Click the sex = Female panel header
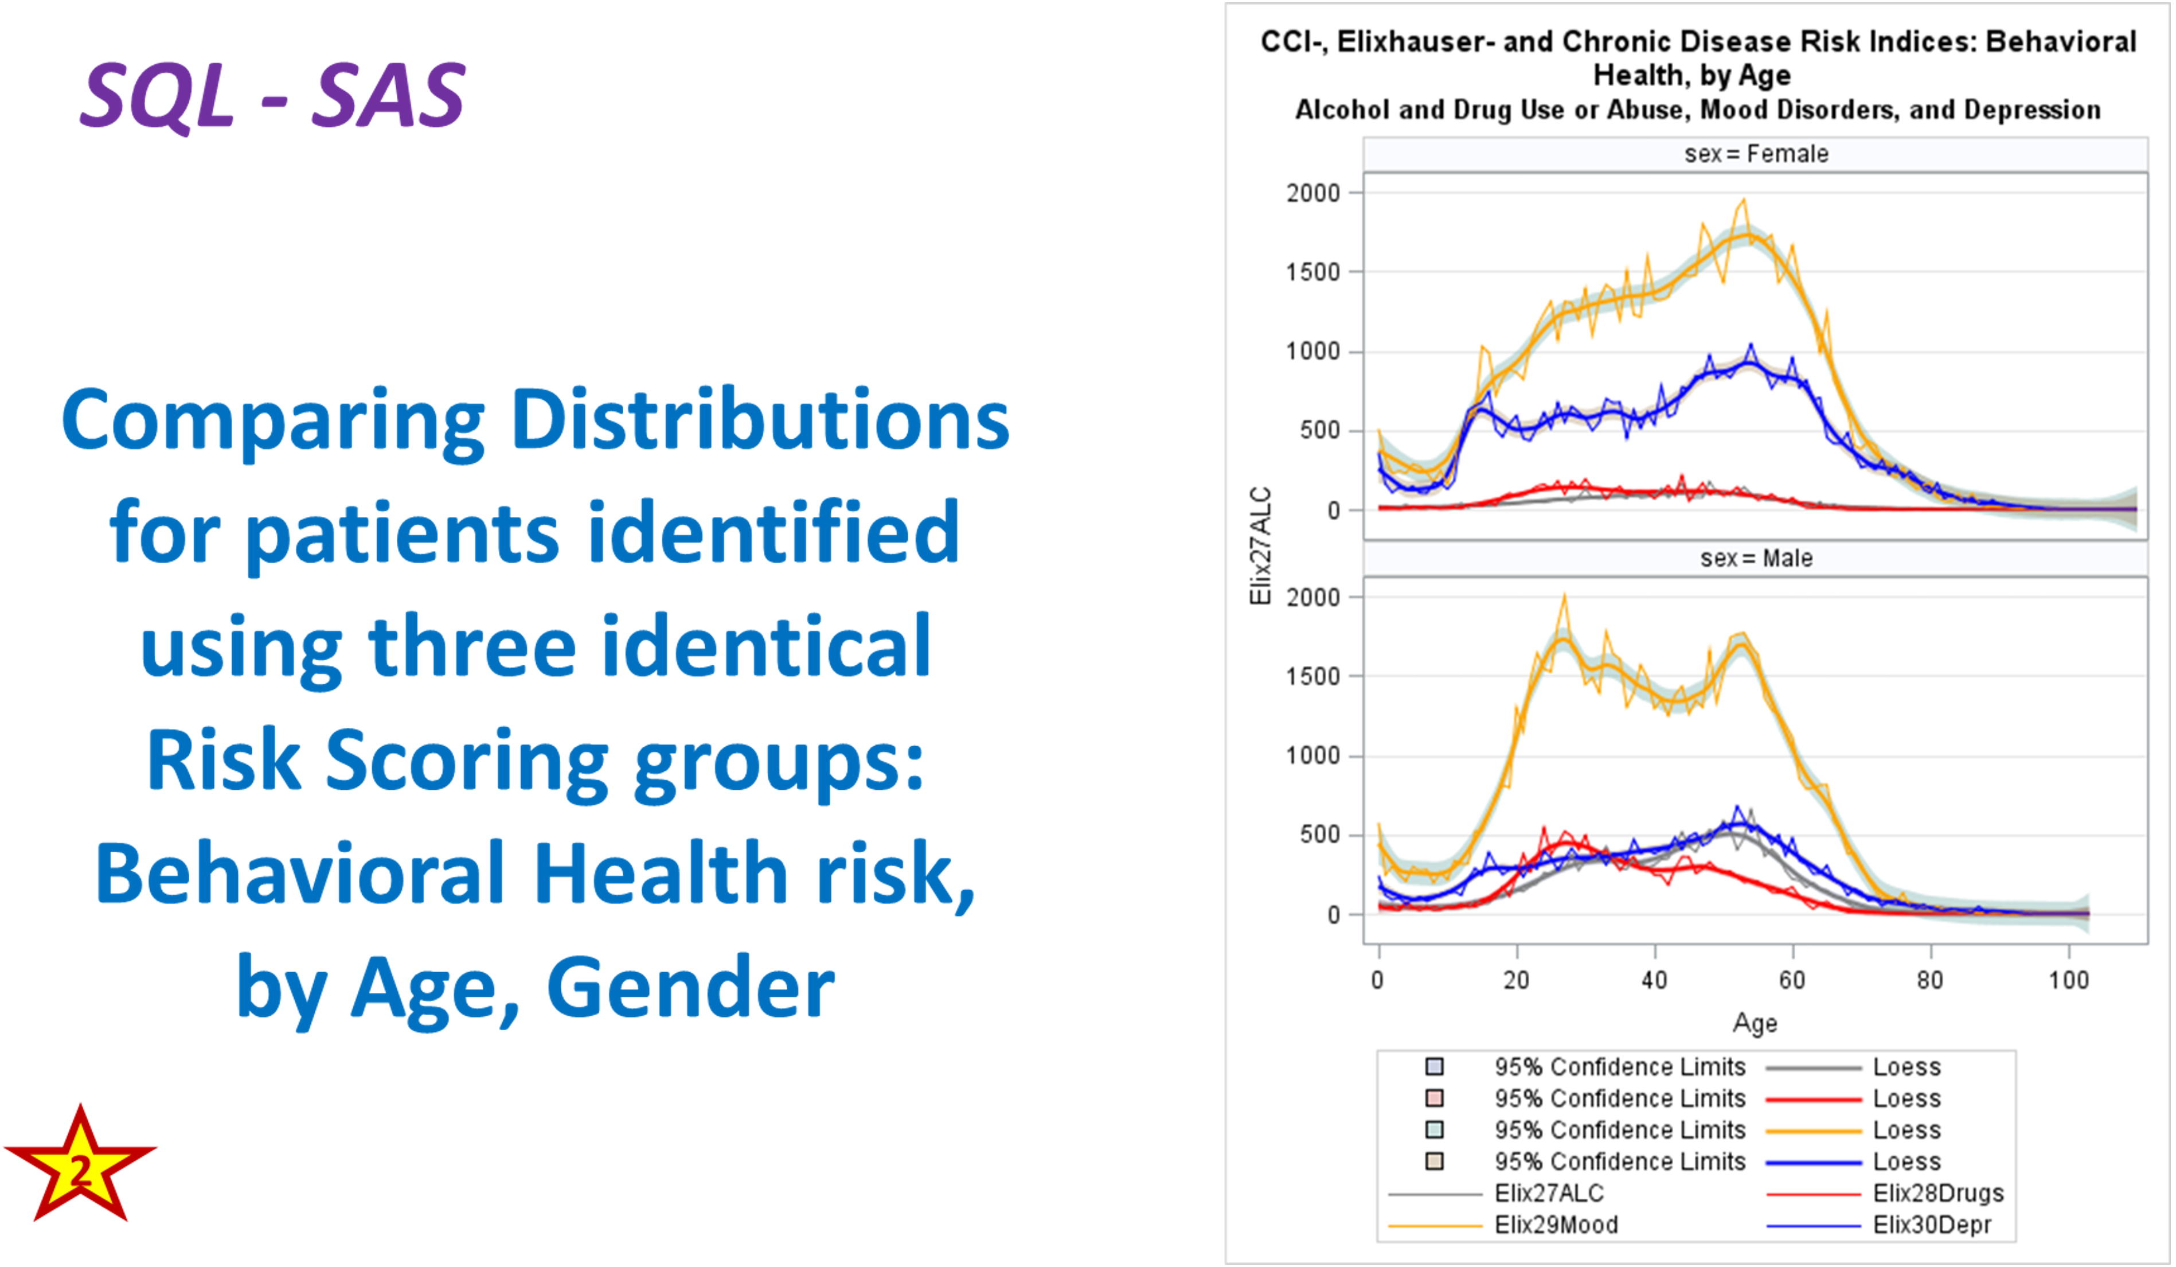point(1756,154)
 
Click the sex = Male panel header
point(1756,558)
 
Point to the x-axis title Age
point(1755,1023)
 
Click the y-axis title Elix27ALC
point(1261,546)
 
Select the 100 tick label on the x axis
point(2068,980)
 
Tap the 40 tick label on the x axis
point(1654,980)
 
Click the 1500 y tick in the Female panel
point(1312,272)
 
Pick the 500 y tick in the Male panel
point(1319,835)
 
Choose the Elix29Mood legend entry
point(1556,1225)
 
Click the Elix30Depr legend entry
point(1932,1225)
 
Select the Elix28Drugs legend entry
point(1937,1193)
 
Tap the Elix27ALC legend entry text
point(1549,1193)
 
